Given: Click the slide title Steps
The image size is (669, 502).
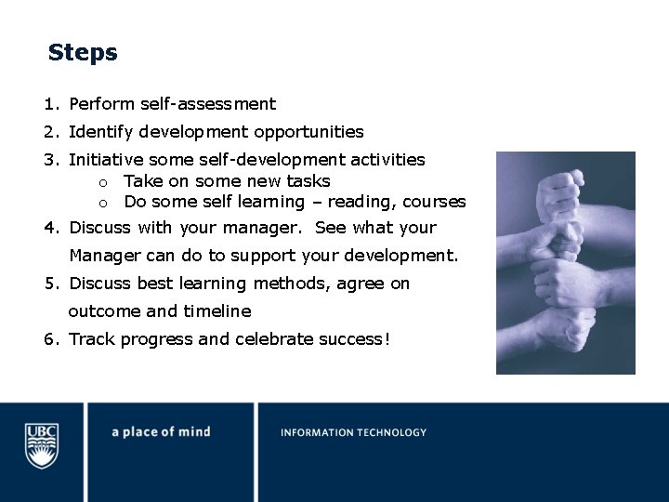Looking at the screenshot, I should click(x=83, y=53).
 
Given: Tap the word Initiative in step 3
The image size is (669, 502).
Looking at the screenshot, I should click(x=106, y=160).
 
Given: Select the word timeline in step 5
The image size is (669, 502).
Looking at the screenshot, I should click(x=216, y=310).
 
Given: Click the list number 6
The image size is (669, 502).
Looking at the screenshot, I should click(x=49, y=338).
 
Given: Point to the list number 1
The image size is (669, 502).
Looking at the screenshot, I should click(x=49, y=104).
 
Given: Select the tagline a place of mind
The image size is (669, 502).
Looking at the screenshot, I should click(x=161, y=432).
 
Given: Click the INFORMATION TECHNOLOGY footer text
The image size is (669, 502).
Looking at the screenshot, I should click(x=353, y=432).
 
